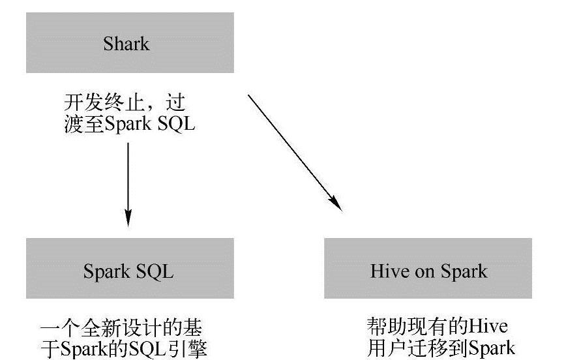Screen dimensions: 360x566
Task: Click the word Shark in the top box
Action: coord(127,44)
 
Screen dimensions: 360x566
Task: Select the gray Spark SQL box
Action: coord(129,269)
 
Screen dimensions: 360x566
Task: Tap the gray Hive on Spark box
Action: coord(428,269)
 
